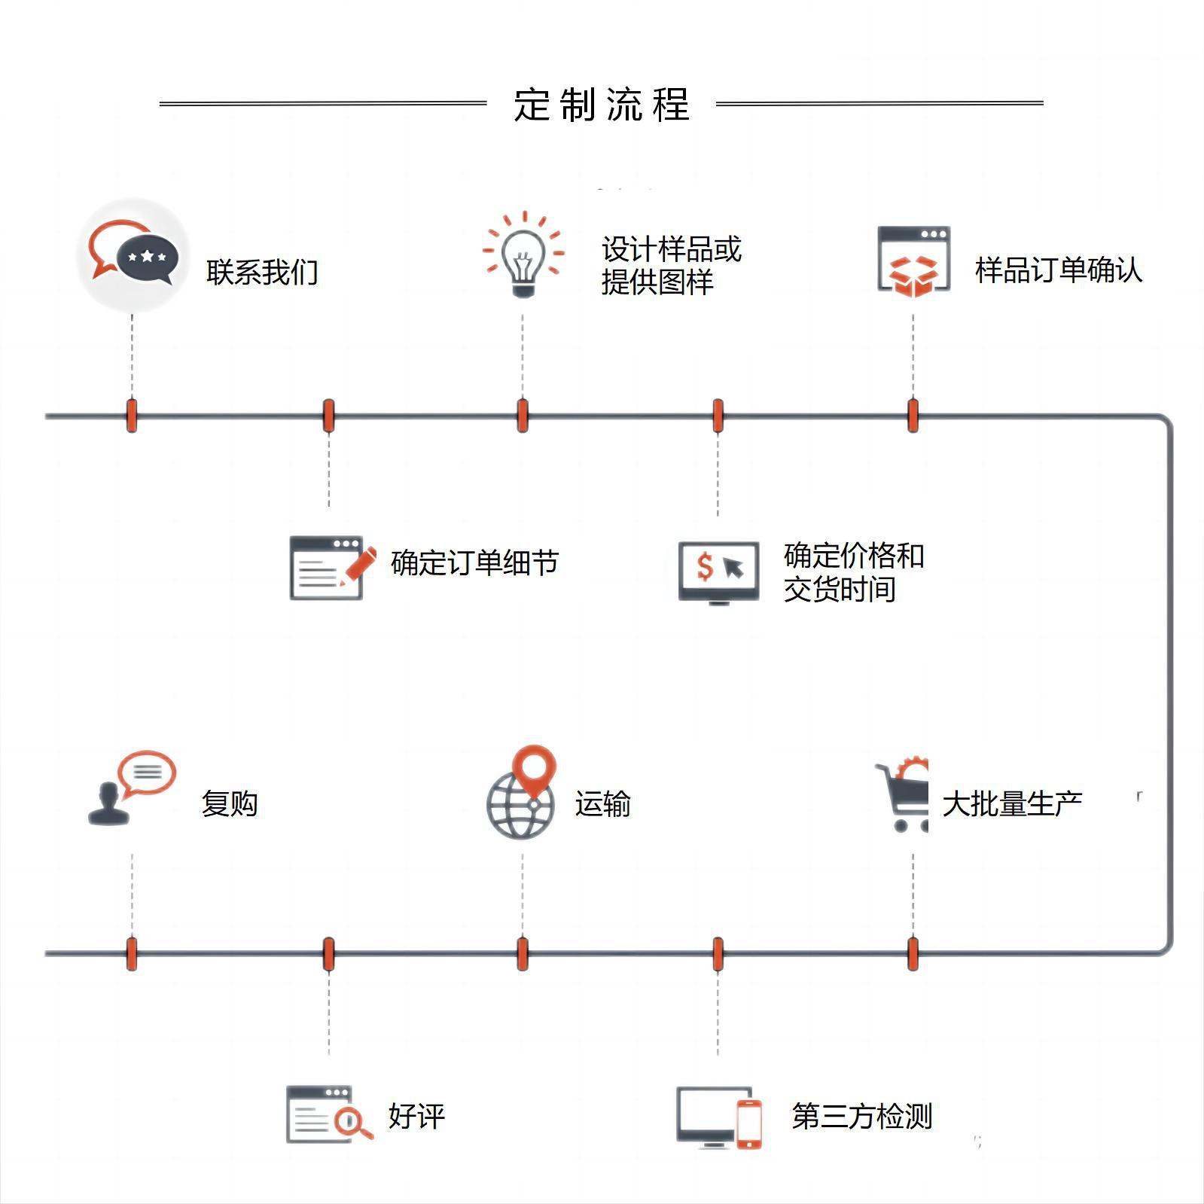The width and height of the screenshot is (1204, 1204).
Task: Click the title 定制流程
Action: point(601,105)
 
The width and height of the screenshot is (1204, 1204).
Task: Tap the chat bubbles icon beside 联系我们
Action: point(133,255)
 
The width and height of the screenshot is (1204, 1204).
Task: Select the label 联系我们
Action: point(262,272)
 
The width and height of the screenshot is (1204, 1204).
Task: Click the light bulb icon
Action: point(523,256)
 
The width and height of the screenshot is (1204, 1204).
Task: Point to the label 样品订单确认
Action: point(1058,270)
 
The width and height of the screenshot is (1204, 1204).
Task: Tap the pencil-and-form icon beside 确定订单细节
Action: point(331,568)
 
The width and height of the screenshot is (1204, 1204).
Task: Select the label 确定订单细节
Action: point(474,563)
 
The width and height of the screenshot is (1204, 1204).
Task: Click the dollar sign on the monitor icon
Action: point(704,566)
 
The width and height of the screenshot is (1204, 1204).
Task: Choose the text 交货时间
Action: point(840,589)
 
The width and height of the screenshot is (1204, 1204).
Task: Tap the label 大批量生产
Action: point(1012,804)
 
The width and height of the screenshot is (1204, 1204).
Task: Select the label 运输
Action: point(602,804)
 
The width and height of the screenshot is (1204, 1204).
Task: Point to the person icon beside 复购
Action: point(109,804)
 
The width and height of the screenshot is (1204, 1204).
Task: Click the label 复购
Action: point(230,804)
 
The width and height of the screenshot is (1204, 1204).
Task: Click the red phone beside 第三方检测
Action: point(748,1123)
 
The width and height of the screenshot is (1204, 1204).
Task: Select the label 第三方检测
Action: point(861,1116)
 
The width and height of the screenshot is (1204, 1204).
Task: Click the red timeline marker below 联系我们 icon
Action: point(132,416)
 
